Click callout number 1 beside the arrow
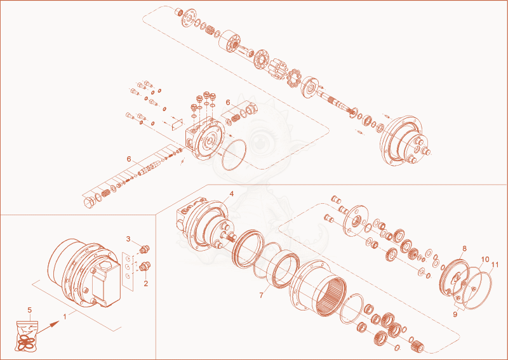click(65, 317)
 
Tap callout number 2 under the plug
click(146, 284)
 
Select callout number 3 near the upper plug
click(128, 239)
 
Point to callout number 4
click(231, 194)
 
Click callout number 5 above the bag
click(29, 310)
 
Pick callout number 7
click(262, 295)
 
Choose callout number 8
click(465, 248)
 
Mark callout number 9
click(455, 314)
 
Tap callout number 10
click(485, 259)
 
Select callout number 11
click(495, 265)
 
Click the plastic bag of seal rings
click(27, 336)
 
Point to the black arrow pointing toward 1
click(48, 327)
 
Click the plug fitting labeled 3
click(144, 249)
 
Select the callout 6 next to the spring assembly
click(228, 102)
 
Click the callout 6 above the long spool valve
click(129, 159)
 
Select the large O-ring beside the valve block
click(223, 154)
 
